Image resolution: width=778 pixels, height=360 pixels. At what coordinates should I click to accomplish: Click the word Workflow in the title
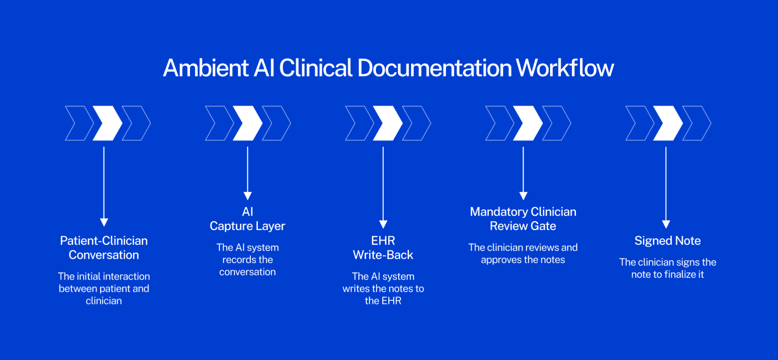[565, 68]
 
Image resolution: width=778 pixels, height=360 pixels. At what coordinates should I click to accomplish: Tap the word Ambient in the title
[206, 68]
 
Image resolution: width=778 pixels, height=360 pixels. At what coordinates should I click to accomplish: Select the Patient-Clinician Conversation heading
[104, 248]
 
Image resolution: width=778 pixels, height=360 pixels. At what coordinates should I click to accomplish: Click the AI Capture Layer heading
[247, 219]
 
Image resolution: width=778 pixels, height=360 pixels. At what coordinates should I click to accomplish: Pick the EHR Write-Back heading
[383, 248]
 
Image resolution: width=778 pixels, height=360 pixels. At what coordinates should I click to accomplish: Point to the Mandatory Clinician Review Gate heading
[523, 219]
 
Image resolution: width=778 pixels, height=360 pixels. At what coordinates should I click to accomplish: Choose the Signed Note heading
[667, 241]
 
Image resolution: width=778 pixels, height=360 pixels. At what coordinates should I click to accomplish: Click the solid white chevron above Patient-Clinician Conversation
[108, 123]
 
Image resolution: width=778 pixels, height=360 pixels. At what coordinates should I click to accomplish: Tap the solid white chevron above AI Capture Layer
[248, 123]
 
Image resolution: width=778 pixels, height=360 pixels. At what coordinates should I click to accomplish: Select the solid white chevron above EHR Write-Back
[388, 123]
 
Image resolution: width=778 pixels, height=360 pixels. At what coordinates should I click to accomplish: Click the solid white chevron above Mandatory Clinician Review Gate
[528, 123]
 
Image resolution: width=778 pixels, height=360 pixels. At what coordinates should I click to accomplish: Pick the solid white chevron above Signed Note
[668, 123]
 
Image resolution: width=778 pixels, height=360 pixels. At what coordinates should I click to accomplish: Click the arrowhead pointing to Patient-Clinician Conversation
[104, 223]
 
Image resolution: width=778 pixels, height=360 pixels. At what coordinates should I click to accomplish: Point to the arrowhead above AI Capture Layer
[248, 196]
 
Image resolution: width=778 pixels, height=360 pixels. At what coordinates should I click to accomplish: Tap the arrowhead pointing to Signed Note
[666, 224]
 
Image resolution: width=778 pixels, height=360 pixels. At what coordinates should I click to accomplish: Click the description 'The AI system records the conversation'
[247, 260]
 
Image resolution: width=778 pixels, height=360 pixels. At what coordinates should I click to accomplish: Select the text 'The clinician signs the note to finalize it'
[667, 268]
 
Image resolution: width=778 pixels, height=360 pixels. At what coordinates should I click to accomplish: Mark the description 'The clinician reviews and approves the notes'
[523, 254]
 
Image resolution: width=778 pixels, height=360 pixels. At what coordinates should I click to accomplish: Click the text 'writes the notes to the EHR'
[383, 295]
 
